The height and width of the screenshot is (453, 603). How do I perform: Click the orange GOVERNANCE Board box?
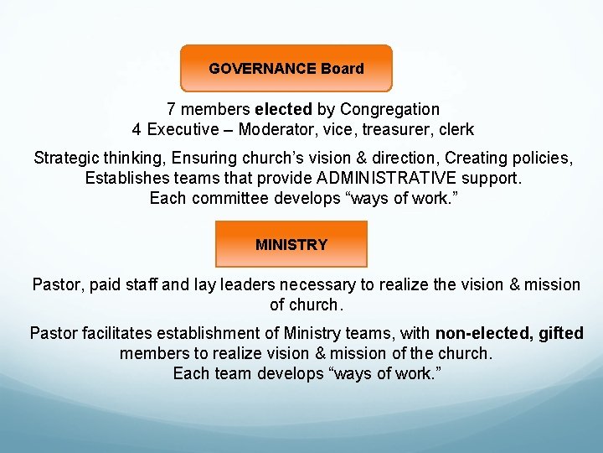286,68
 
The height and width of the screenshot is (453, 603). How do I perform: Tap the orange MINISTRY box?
291,244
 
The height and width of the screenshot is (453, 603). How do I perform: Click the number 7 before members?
171,109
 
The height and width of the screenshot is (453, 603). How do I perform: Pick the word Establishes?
124,178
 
